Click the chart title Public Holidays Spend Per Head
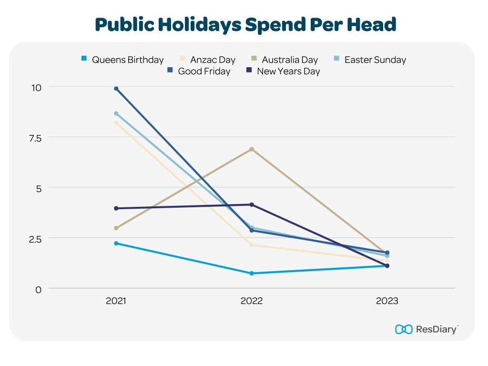pos(245,24)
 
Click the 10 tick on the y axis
pos(37,87)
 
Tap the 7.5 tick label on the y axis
pos(36,138)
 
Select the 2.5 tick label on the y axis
pos(36,238)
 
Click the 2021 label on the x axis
pos(116,302)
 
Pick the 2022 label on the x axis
pos(251,302)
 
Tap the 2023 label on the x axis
pos(386,302)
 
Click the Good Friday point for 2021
pos(116,89)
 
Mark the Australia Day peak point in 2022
pos(252,149)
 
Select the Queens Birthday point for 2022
pos(252,274)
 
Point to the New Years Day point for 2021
pos(116,208)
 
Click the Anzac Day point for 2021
pos(116,123)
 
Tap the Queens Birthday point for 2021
pos(116,244)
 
